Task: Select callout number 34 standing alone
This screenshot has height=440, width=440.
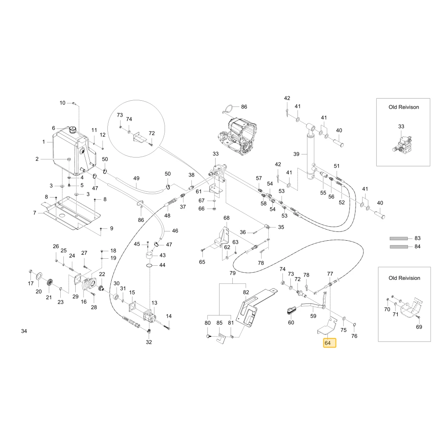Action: coord(24,331)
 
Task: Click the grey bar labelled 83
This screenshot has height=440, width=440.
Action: coord(399,238)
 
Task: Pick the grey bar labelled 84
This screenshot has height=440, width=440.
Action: coord(399,247)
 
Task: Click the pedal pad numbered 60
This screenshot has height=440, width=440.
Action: coord(291,310)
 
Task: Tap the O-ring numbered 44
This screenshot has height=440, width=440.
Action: coord(150,265)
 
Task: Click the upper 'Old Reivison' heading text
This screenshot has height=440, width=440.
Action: coord(403,107)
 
